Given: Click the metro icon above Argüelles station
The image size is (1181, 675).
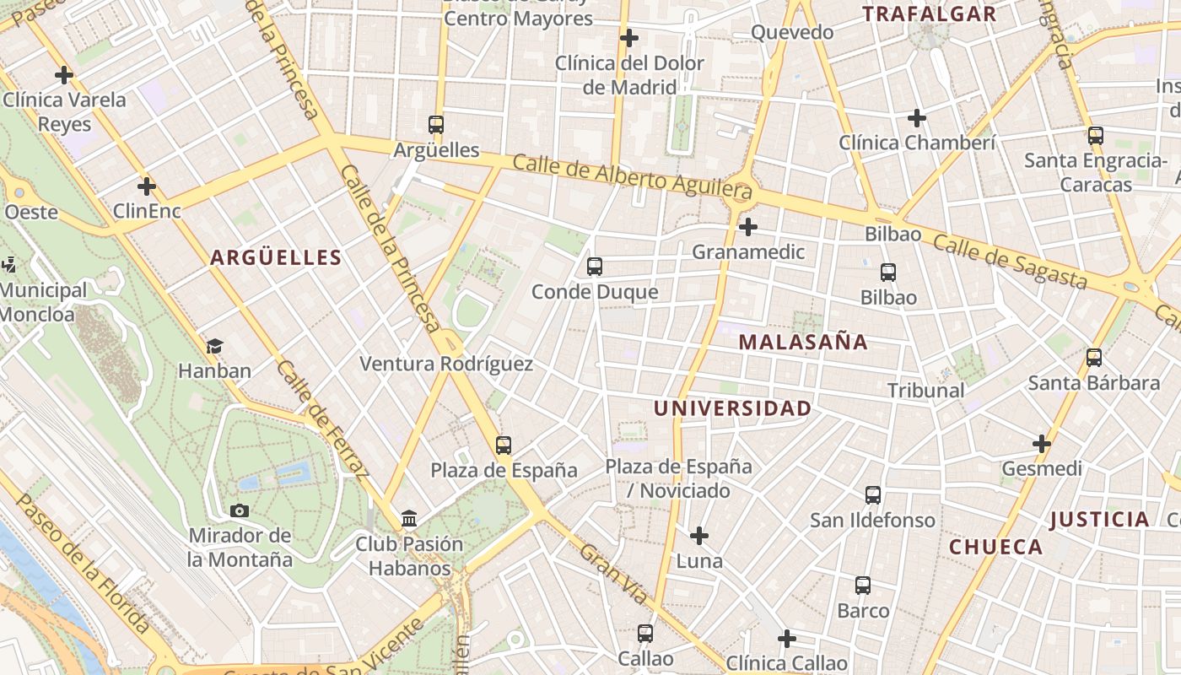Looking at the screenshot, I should click(435, 125).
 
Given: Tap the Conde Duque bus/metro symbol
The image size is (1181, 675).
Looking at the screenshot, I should click(594, 267).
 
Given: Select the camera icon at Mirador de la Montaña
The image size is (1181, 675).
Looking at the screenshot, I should click(240, 510).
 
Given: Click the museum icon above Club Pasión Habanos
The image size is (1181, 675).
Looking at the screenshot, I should click(409, 518).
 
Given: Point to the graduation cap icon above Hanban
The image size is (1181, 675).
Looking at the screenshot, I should click(214, 346).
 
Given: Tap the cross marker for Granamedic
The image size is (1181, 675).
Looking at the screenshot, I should click(747, 227).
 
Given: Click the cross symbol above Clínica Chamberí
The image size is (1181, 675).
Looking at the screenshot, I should click(917, 118).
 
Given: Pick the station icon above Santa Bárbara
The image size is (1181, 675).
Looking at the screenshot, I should click(1094, 358).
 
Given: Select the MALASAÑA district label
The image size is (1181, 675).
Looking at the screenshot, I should click(803, 342).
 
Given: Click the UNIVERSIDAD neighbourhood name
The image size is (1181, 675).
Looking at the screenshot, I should click(733, 408).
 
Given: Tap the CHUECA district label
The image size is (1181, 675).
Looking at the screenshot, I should click(996, 547).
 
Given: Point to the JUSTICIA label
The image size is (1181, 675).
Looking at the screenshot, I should click(1100, 519).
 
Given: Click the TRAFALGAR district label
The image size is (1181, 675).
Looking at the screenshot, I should click(929, 13).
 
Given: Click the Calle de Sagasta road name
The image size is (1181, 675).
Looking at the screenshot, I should click(1010, 262).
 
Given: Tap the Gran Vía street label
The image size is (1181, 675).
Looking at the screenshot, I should click(614, 574).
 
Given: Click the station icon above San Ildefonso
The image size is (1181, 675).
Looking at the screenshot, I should click(873, 495).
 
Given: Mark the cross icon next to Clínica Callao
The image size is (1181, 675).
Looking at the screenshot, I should click(787, 639).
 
